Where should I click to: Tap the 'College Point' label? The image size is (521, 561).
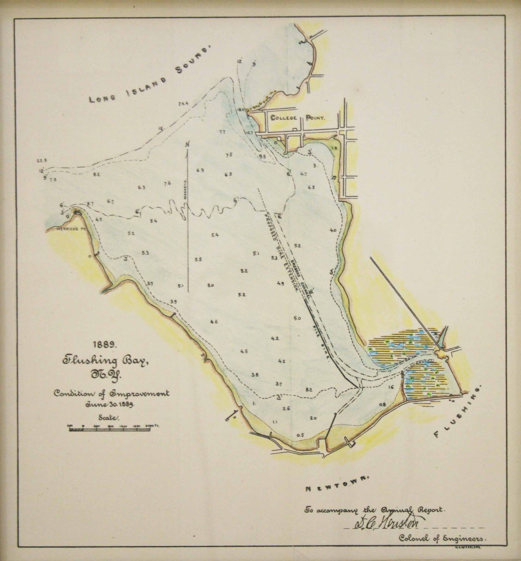pos(298,118)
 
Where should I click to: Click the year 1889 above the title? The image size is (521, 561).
pos(103,344)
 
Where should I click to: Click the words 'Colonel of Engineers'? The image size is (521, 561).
pos(442,546)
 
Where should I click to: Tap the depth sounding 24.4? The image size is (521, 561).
pos(183,104)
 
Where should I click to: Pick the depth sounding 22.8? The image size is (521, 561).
pos(42,161)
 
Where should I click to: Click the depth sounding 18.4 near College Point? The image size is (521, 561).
pos(242,109)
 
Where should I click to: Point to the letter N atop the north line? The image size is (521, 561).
pos(188,144)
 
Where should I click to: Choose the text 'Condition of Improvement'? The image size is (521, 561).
pos(112,393)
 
